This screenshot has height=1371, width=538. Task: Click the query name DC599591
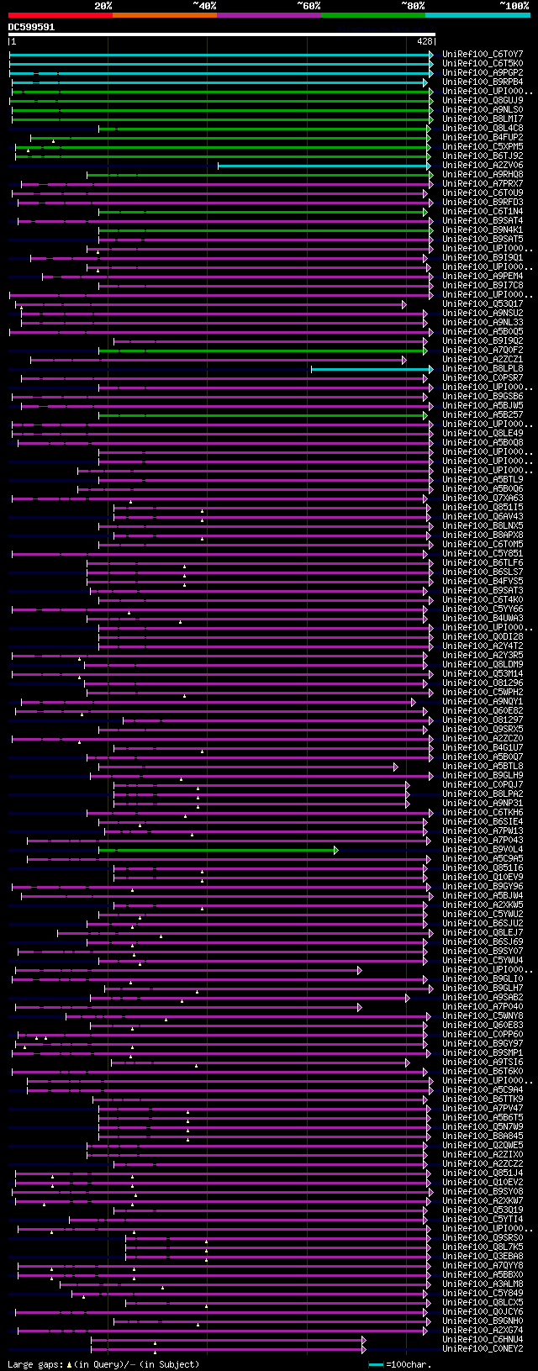tap(32, 27)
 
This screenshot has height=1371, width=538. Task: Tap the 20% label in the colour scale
tap(103, 6)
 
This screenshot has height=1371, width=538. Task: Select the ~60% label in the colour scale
tap(309, 6)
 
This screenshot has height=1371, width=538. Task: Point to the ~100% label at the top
tap(514, 6)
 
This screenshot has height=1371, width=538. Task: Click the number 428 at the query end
tap(425, 40)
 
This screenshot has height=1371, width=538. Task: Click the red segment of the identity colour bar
tap(60, 14)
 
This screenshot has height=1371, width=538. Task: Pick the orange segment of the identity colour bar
tap(164, 14)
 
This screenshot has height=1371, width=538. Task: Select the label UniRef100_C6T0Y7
tap(483, 54)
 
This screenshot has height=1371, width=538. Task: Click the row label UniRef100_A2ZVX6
tap(483, 165)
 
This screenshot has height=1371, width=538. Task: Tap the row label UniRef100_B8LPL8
tap(483, 368)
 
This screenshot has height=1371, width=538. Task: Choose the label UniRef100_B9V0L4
tap(483, 849)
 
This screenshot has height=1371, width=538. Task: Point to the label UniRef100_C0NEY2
tap(483, 1348)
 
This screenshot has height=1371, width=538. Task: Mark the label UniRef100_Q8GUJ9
tap(483, 100)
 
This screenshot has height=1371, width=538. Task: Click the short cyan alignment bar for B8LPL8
tap(370, 369)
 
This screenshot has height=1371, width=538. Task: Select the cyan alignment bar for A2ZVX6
tap(324, 166)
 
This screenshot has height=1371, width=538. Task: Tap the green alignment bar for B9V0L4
tap(218, 850)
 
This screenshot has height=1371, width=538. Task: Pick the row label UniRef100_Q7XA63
tap(483, 498)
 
